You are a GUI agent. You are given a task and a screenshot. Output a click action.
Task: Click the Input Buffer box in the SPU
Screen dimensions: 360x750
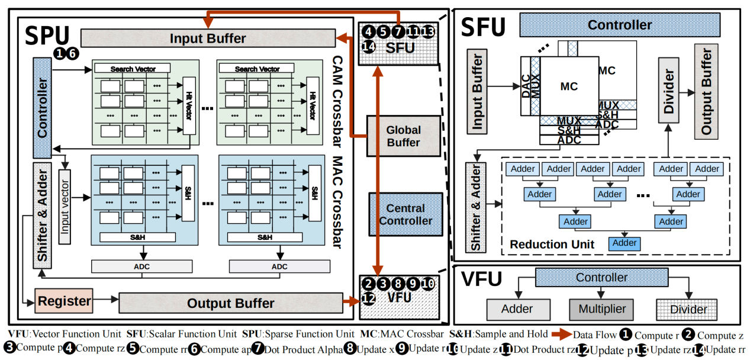click(x=207, y=38)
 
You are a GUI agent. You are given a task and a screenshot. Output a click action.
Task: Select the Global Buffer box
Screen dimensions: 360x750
click(x=403, y=136)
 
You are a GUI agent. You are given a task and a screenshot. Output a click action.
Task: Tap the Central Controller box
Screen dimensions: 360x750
click(x=405, y=214)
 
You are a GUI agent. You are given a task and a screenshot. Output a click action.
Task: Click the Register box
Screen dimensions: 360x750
click(x=65, y=301)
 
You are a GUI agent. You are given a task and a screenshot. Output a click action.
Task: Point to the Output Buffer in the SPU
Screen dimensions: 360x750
click(x=230, y=303)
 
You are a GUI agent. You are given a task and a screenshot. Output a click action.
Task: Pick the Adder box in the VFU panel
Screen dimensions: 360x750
click(x=517, y=309)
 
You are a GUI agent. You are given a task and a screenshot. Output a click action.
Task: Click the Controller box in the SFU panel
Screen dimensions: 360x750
click(x=619, y=25)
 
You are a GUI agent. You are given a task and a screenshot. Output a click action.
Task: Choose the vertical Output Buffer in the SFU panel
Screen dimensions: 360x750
click(x=706, y=91)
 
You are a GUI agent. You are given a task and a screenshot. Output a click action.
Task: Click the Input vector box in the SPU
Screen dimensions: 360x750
click(x=65, y=207)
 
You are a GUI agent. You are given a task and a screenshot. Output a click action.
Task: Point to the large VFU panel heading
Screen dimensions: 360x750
click(x=482, y=279)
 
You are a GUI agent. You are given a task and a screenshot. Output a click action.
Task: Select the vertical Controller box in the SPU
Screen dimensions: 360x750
click(x=43, y=98)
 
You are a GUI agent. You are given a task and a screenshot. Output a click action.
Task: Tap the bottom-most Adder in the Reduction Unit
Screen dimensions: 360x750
click(x=625, y=243)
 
